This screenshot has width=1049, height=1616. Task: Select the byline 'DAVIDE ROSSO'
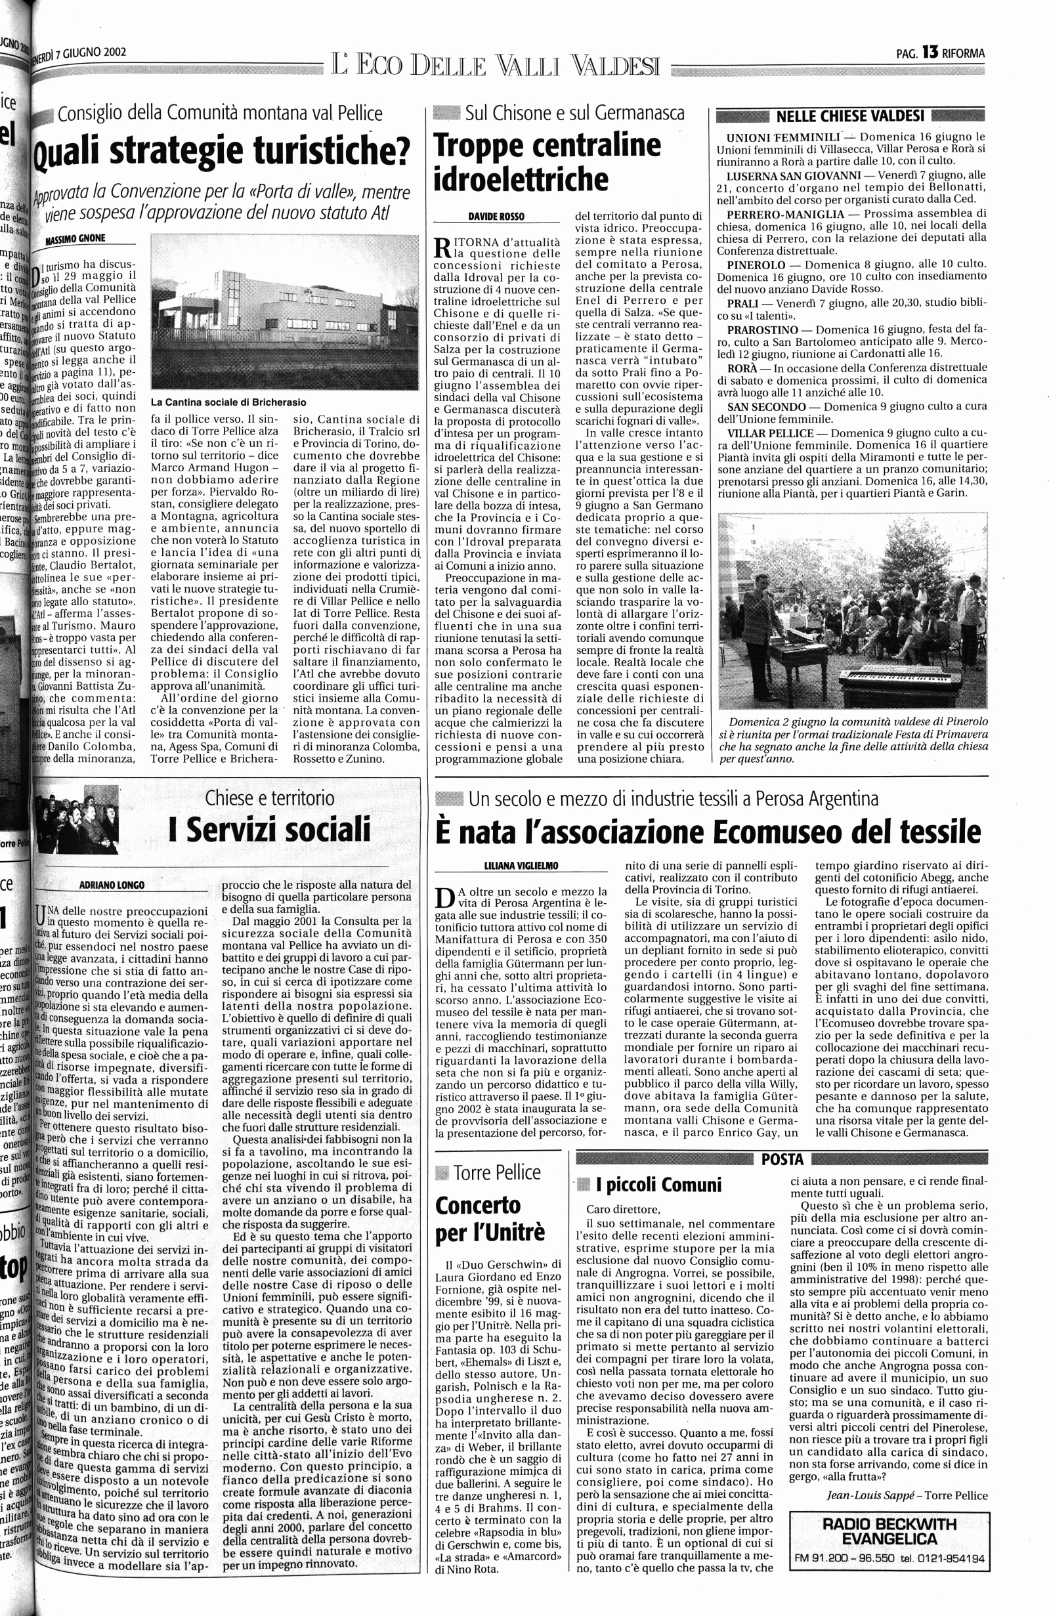point(496,216)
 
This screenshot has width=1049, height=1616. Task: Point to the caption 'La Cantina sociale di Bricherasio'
point(228,402)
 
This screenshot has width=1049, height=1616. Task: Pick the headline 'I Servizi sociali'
point(270,829)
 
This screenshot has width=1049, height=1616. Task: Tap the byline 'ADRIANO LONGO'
point(112,885)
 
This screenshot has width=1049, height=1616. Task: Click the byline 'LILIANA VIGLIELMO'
point(517,866)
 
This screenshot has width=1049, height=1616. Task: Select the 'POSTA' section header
point(782,1159)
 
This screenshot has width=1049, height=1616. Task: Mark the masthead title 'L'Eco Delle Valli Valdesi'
point(495,66)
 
